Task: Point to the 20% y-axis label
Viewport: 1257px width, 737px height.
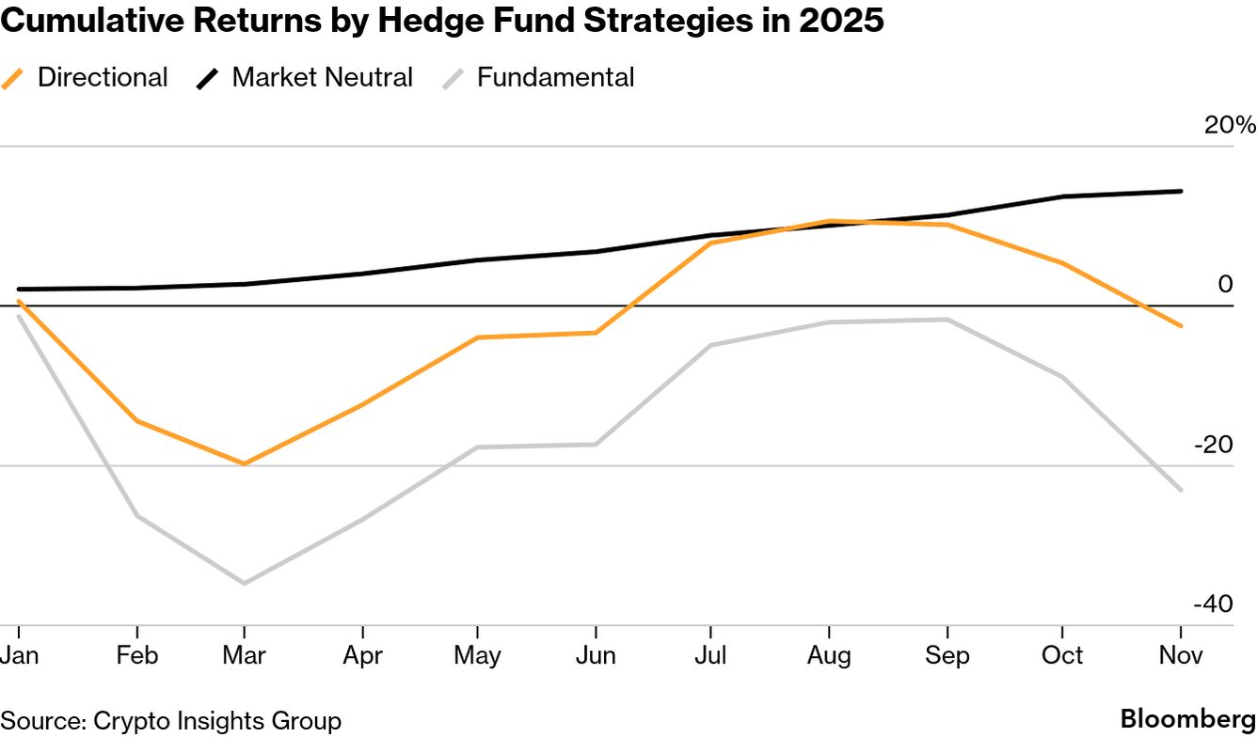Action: pyautogui.click(x=1230, y=125)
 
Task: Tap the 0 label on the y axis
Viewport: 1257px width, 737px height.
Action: pyautogui.click(x=1225, y=284)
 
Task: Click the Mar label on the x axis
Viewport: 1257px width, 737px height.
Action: pyautogui.click(x=245, y=655)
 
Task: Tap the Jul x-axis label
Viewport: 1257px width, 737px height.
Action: pyautogui.click(x=710, y=655)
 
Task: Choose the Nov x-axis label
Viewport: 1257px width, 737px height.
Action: pyautogui.click(x=1181, y=655)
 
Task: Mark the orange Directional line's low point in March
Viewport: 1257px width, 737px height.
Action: pyautogui.click(x=245, y=463)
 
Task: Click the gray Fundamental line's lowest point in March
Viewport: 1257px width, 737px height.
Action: pyautogui.click(x=245, y=584)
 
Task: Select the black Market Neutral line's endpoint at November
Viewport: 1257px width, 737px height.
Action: pyautogui.click(x=1181, y=191)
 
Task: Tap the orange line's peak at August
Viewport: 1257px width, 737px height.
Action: pyautogui.click(x=829, y=221)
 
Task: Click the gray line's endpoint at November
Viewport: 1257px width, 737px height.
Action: pyautogui.click(x=1181, y=490)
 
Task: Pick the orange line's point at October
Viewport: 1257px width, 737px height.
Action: pyautogui.click(x=1063, y=263)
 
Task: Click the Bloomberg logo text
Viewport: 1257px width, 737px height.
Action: pyautogui.click(x=1187, y=720)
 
